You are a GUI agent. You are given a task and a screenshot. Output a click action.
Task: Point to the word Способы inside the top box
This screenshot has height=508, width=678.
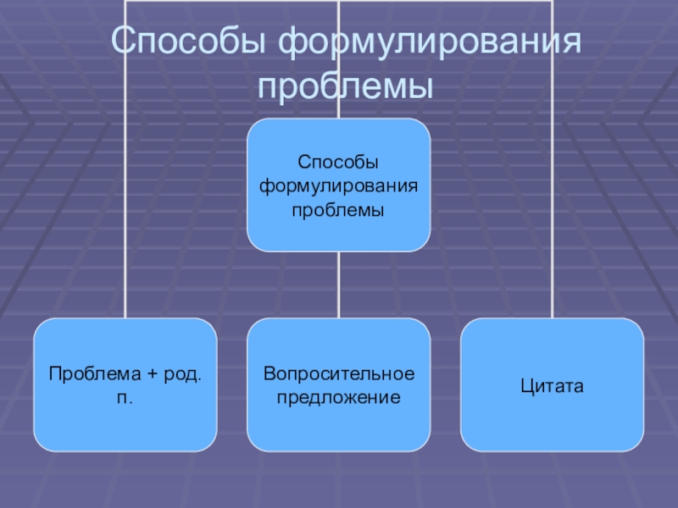click(x=338, y=162)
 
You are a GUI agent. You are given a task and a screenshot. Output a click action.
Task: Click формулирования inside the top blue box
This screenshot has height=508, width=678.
click(x=338, y=185)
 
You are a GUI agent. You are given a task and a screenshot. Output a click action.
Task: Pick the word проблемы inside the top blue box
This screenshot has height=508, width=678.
click(x=338, y=207)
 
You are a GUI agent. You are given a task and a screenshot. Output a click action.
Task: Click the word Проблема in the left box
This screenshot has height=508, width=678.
click(x=86, y=373)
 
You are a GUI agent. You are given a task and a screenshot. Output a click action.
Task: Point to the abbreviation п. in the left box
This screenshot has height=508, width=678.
click(x=125, y=396)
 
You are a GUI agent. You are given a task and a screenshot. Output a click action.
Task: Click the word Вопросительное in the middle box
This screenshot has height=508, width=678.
click(x=338, y=373)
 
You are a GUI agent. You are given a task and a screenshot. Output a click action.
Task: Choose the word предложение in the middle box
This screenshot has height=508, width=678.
click(x=338, y=396)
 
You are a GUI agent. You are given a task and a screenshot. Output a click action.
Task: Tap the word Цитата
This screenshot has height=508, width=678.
click(x=552, y=385)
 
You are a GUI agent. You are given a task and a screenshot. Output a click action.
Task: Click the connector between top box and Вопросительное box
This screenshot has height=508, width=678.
click(x=338, y=284)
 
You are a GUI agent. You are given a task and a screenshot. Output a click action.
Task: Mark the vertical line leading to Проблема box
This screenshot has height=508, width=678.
click(x=125, y=212)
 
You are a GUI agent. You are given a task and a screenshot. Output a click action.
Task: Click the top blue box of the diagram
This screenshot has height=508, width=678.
click(x=338, y=135)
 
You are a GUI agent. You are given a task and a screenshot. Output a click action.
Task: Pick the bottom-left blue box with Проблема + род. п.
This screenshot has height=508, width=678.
click(x=125, y=423)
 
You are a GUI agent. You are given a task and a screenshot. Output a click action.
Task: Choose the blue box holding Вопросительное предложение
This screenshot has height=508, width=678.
click(x=338, y=428)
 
